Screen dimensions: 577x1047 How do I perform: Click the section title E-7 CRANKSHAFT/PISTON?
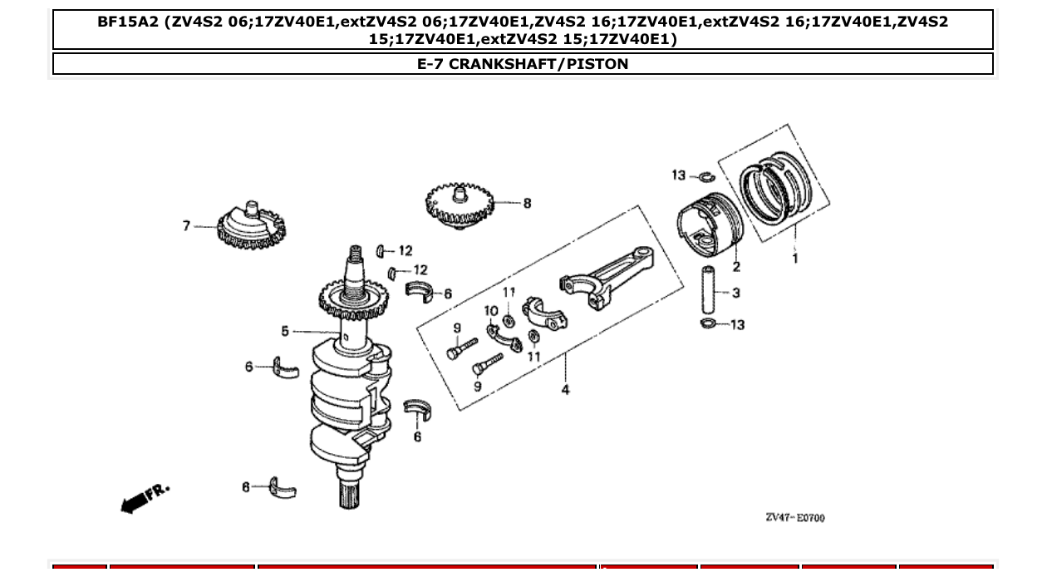click(523, 64)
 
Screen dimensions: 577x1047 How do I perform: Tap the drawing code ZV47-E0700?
click(794, 518)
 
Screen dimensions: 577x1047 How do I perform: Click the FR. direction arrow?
click(145, 497)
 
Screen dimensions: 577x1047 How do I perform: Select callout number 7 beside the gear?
click(187, 225)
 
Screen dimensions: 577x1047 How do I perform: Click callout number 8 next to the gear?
click(527, 203)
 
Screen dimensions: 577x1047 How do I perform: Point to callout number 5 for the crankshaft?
click(285, 332)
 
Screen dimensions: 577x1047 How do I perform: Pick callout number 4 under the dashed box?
click(565, 390)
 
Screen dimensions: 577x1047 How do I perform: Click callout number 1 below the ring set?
click(795, 259)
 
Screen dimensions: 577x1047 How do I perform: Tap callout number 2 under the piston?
click(736, 267)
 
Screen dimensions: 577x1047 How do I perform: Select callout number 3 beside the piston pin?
click(736, 293)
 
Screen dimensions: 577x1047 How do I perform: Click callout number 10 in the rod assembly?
click(490, 311)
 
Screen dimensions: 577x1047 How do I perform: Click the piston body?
click(706, 226)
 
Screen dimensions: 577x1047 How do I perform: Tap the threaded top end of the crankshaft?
click(356, 259)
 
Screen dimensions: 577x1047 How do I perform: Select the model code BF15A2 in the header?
click(127, 22)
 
